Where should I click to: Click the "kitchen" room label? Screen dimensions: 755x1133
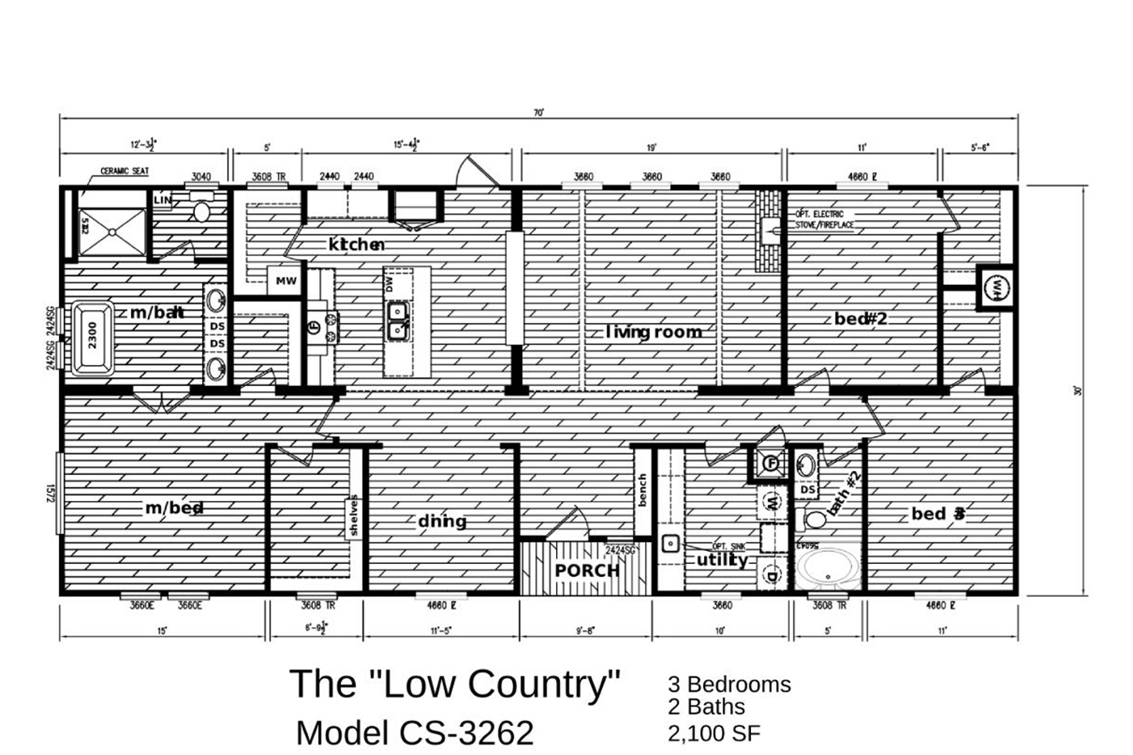(356, 244)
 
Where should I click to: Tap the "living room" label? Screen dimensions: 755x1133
(654, 332)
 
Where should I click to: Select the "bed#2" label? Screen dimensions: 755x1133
(860, 319)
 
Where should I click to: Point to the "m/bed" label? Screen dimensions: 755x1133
(174, 508)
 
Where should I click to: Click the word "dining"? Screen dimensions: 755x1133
(442, 521)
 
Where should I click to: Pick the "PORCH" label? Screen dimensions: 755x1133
(587, 570)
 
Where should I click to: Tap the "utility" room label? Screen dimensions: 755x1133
(722, 560)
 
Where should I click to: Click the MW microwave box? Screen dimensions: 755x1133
(286, 281)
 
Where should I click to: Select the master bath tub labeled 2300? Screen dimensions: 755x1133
(91, 338)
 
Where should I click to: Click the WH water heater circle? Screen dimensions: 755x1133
(996, 287)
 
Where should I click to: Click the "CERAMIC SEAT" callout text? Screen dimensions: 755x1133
(124, 172)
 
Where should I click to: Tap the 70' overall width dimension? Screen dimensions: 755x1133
(539, 113)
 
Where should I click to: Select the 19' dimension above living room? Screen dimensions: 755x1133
(651, 148)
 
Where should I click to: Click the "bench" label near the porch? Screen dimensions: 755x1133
(643, 490)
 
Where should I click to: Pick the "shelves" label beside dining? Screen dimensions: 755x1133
(354, 515)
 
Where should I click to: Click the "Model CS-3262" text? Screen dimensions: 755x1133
(414, 732)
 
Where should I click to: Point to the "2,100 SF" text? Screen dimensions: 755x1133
(714, 733)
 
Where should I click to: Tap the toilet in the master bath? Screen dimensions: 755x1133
(200, 210)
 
